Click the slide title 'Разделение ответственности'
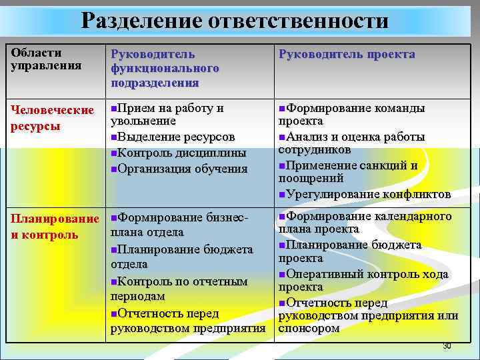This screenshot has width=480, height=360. (x=235, y=21)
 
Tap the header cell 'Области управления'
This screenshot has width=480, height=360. (x=37, y=59)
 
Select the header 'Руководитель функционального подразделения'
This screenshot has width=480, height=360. (x=165, y=68)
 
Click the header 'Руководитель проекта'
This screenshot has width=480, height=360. (x=347, y=55)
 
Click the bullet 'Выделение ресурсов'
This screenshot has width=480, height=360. (x=175, y=137)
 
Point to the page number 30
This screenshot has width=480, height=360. (x=447, y=347)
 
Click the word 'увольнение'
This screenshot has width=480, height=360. (x=143, y=121)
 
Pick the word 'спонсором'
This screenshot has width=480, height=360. (x=309, y=328)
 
